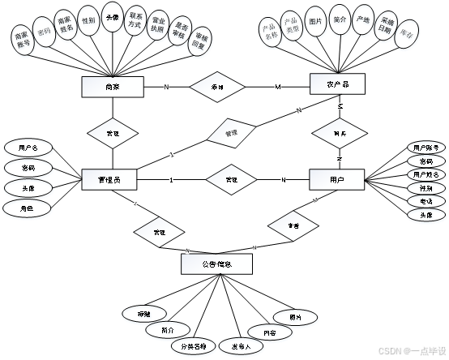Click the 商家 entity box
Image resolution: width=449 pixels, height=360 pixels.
pyautogui.click(x=113, y=87)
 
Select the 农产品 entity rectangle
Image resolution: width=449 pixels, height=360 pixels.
pyautogui.click(x=337, y=84)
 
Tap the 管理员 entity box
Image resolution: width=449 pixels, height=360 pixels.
pyautogui.click(x=109, y=179)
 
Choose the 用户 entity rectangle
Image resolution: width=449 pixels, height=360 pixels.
pyautogui.click(x=336, y=179)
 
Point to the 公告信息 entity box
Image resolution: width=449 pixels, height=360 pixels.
pyautogui.click(x=216, y=264)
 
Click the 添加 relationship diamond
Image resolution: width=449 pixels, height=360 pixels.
pyautogui.click(x=217, y=87)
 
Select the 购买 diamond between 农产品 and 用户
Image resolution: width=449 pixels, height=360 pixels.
pyautogui.click(x=340, y=133)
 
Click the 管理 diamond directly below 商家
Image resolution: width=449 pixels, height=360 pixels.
pyautogui.click(x=113, y=133)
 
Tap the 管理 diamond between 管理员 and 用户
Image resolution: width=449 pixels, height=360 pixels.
pyautogui.click(x=231, y=179)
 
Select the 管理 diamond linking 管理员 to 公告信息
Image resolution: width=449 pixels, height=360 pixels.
pyautogui.click(x=160, y=233)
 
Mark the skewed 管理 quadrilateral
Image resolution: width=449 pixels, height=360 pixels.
pyautogui.click(x=231, y=132)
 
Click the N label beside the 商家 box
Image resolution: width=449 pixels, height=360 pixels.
pyautogui.click(x=166, y=87)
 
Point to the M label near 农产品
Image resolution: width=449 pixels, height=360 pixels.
pyautogui.click(x=277, y=87)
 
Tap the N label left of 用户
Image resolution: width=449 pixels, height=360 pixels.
pyautogui.click(x=284, y=179)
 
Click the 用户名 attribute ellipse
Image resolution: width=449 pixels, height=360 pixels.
pyautogui.click(x=28, y=149)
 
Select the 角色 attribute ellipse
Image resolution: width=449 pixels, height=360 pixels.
pyautogui.click(x=28, y=209)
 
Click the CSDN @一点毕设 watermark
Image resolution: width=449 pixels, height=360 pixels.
pyautogui.click(x=412, y=350)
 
